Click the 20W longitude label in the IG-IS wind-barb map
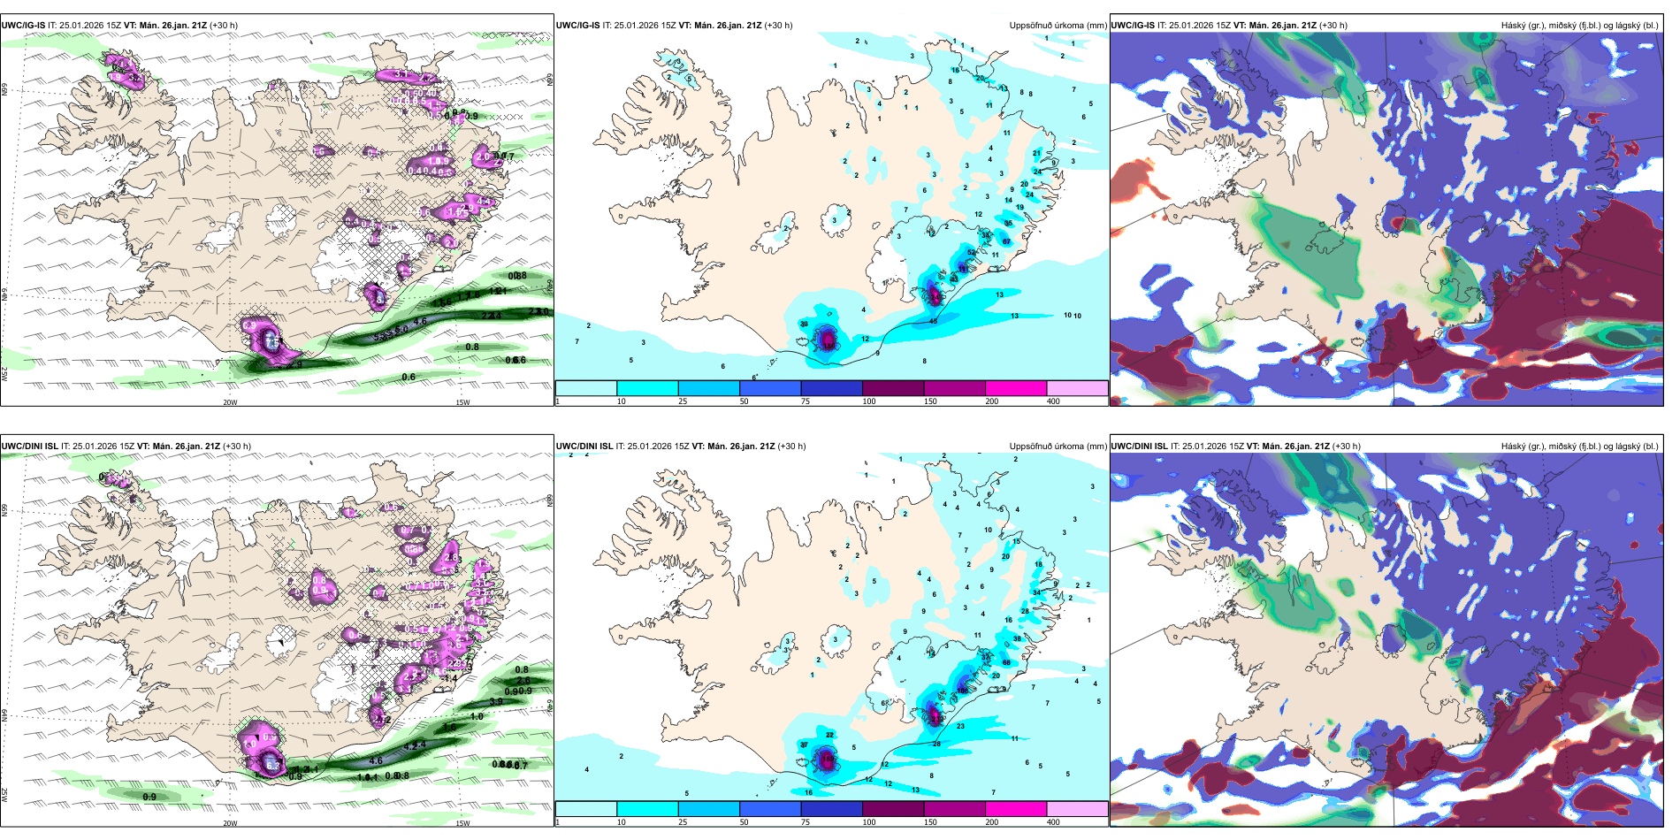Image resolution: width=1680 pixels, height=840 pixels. click(x=230, y=402)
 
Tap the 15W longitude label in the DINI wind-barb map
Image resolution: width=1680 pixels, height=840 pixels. click(x=462, y=823)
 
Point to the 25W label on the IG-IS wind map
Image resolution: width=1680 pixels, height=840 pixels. click(x=4, y=374)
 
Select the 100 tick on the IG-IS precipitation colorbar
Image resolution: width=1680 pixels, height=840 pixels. click(x=869, y=401)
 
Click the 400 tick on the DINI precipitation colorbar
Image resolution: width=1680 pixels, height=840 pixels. click(x=1053, y=822)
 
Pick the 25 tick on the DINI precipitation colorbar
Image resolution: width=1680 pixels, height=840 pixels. click(x=683, y=822)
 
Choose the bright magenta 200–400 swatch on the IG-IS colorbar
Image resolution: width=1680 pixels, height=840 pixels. click(x=1015, y=388)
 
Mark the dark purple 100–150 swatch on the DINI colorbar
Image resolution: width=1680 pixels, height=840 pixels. click(x=892, y=809)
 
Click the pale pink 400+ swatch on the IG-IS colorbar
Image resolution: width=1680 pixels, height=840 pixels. click(x=1077, y=388)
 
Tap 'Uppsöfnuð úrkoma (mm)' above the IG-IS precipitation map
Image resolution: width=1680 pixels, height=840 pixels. click(x=1058, y=26)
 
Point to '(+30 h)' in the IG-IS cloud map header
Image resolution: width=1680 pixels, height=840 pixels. click(x=1333, y=26)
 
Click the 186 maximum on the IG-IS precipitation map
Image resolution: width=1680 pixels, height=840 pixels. click(x=828, y=339)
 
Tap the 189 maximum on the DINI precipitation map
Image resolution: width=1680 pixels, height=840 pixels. click(x=828, y=759)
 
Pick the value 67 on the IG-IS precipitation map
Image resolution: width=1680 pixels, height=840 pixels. click(x=1006, y=241)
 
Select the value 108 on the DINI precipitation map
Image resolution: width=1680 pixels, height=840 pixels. click(x=962, y=691)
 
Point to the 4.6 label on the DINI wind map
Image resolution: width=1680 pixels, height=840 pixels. click(x=376, y=760)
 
